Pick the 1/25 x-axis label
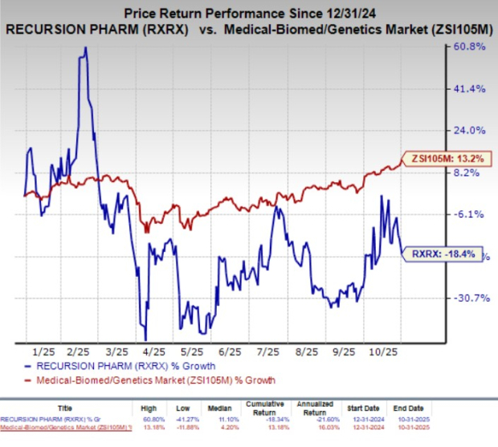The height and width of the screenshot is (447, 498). coord(43,351)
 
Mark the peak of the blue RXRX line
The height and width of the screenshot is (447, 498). coord(85,47)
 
